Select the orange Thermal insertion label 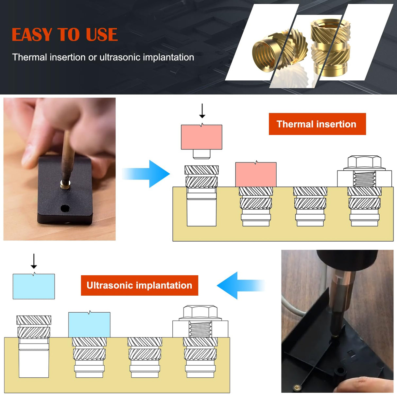(317, 124)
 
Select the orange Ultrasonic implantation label (139, 285)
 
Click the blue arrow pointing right (147, 174)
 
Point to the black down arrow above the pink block (202, 111)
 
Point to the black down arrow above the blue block (34, 261)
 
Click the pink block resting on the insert (256, 175)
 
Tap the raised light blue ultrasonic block (34, 286)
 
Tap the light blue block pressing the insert (89, 324)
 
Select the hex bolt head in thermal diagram (364, 162)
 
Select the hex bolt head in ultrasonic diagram (200, 312)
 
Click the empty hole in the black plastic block (65, 208)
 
